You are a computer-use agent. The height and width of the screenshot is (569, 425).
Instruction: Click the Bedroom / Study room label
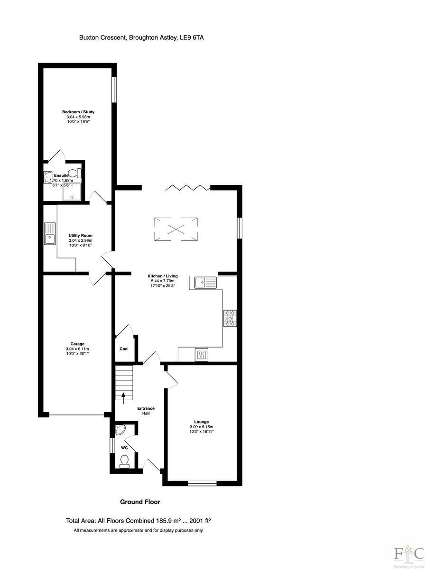[x=76, y=112]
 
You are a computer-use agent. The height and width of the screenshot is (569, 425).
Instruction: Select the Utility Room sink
[x=50, y=234]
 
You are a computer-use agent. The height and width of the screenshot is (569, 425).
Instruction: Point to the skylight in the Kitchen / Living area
[x=176, y=229]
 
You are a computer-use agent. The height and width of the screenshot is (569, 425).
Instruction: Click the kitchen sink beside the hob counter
[x=205, y=283]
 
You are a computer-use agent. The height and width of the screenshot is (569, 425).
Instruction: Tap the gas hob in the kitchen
[x=230, y=318]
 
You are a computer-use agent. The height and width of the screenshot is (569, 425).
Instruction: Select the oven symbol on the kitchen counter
[x=201, y=354]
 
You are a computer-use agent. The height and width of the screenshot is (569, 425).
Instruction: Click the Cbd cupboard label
[x=123, y=349]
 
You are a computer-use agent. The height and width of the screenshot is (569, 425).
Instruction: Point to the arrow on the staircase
[x=124, y=397]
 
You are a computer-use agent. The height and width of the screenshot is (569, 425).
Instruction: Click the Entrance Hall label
[x=146, y=411]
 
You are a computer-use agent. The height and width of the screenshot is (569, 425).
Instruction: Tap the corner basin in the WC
[x=120, y=430]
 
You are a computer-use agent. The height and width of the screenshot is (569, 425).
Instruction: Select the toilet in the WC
[x=124, y=461]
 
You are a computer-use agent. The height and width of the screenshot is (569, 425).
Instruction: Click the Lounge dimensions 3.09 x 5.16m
[x=202, y=427]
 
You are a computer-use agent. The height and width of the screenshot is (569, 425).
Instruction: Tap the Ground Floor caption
[x=140, y=502]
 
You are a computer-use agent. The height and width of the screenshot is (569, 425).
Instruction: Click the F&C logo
[x=409, y=553]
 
